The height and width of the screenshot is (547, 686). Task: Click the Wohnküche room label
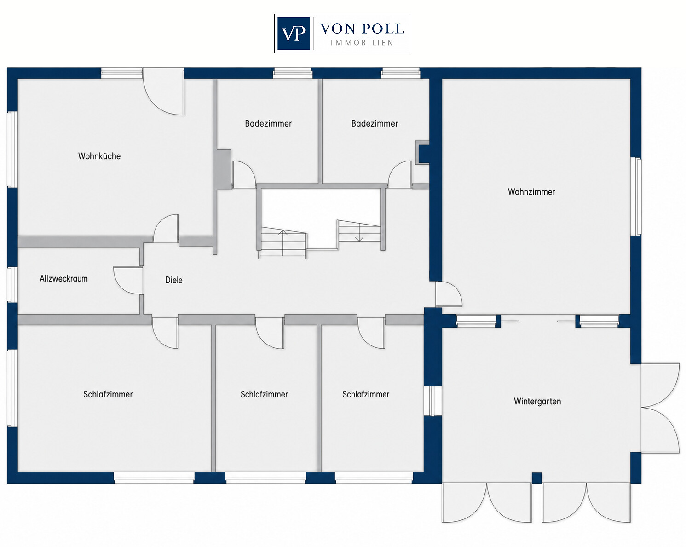pos(99,156)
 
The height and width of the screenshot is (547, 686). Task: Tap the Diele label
pos(174,280)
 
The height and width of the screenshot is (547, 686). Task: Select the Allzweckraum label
pos(64,278)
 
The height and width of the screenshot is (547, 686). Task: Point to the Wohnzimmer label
pos(531,191)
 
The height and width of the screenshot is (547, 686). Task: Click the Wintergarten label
pos(537,401)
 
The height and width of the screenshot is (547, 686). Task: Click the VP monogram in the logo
pos(294,34)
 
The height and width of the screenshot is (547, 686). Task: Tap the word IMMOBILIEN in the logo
pos(362,43)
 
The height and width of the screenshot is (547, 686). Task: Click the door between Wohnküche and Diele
pos(166,228)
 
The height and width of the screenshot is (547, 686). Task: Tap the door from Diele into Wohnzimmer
pos(449,294)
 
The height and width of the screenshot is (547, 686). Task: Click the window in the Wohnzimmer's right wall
pos(636,196)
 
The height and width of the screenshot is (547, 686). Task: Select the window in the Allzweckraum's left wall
pos(12,284)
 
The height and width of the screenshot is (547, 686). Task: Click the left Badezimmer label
pos(268,123)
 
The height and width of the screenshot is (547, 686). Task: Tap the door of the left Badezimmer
pos(244,174)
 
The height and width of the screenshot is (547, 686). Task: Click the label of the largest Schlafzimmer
pos(108,394)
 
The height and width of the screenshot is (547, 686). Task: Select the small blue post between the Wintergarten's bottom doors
pos(537,477)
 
